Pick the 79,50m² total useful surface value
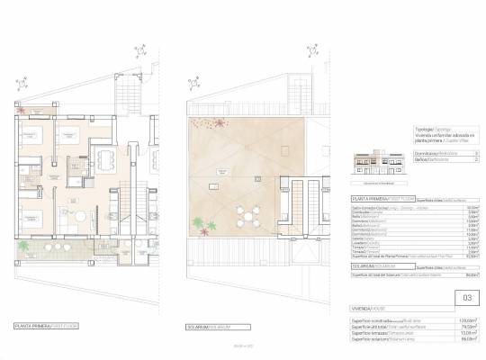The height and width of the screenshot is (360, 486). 464,327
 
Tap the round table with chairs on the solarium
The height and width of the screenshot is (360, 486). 246,216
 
